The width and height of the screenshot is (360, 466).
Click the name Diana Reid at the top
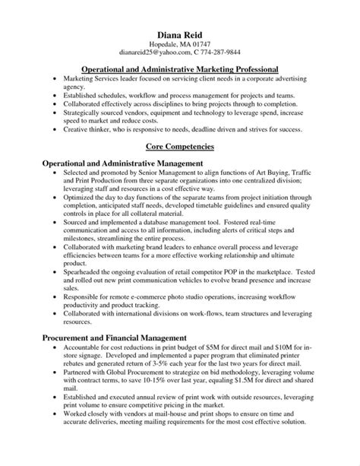point(180,34)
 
